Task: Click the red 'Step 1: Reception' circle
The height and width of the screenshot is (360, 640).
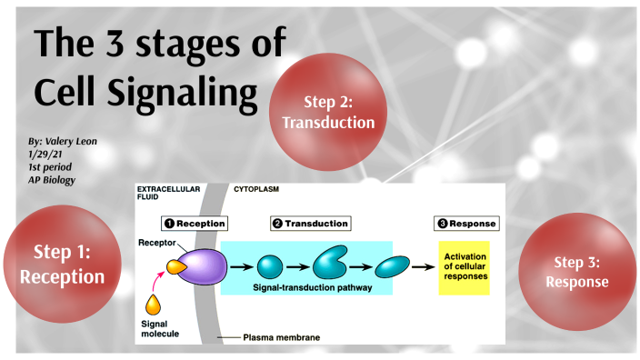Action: click(63, 264)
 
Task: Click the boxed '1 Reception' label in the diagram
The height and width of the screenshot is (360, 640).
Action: click(194, 223)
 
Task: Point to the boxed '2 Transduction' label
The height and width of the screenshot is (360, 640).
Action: click(310, 223)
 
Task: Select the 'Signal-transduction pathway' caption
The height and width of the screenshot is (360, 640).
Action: click(306, 288)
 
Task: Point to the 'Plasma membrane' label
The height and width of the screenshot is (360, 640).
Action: click(281, 337)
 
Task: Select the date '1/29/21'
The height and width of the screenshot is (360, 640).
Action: click(45, 155)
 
